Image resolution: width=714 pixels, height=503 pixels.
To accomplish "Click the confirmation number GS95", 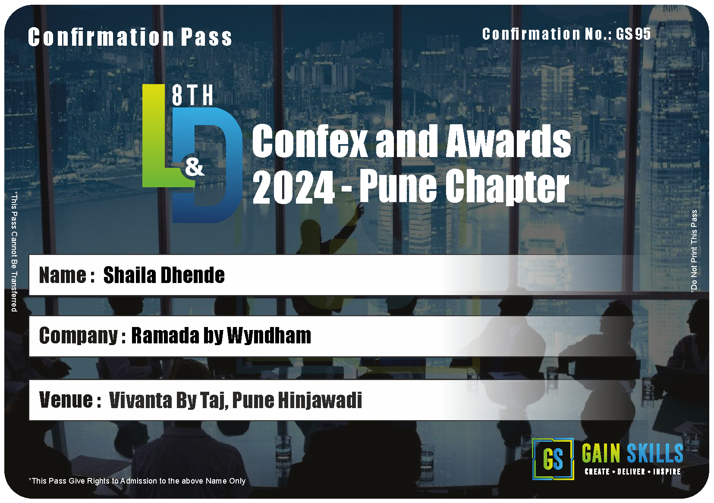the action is click(x=633, y=34).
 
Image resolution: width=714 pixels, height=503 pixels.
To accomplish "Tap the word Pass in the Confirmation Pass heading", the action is click(x=206, y=37).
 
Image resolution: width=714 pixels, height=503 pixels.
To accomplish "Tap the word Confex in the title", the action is click(x=310, y=141).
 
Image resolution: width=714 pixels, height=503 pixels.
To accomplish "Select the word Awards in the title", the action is click(x=508, y=141).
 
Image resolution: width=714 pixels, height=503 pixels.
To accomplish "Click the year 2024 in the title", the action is click(x=293, y=187).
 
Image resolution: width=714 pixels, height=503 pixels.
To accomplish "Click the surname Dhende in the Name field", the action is click(x=192, y=275).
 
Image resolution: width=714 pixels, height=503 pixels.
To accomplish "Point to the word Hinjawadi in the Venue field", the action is click(x=320, y=400).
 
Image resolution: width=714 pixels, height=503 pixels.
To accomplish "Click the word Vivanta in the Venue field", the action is click(x=140, y=400).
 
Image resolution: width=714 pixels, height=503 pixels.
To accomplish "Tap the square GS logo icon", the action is click(x=553, y=459).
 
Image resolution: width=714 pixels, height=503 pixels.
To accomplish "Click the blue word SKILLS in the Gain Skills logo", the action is click(x=655, y=453).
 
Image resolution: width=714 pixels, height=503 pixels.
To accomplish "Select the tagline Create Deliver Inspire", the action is click(x=632, y=472).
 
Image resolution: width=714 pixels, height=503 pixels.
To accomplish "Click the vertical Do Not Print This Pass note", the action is click(x=694, y=251).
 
